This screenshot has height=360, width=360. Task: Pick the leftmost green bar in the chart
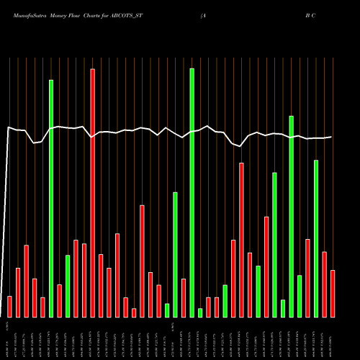point(51,198)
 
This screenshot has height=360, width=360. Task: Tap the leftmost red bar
point(9,306)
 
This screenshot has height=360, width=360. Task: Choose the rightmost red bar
point(333,293)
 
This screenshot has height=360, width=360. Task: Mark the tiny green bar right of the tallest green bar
point(200,312)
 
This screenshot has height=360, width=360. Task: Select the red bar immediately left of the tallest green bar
point(184,297)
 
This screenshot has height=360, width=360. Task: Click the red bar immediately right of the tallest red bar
point(101,285)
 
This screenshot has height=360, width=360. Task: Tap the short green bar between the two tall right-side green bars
point(283,308)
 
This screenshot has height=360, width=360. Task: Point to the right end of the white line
point(331,137)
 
